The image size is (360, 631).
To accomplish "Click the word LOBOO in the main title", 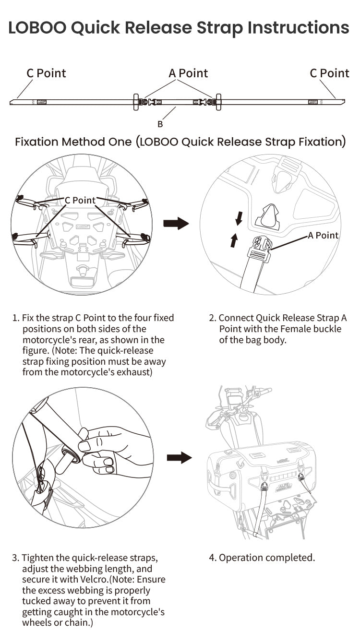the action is pyautogui.click(x=37, y=28).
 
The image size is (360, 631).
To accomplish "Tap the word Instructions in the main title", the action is pyautogui.click(x=298, y=28).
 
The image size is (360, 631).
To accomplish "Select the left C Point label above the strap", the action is pyautogui.click(x=46, y=73).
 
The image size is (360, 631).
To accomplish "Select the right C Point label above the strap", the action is pyautogui.click(x=329, y=73).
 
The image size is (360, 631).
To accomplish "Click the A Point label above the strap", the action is pyautogui.click(x=188, y=73).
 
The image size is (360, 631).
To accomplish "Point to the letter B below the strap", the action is pyautogui.click(x=160, y=124).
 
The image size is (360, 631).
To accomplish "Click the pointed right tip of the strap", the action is pyautogui.click(x=344, y=101).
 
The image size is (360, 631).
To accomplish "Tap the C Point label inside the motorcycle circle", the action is pyautogui.click(x=80, y=200).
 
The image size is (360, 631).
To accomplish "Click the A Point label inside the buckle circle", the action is pyautogui.click(x=323, y=235).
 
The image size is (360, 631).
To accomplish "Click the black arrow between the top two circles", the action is pyautogui.click(x=176, y=224).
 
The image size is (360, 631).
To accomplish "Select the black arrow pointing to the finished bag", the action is pyautogui.click(x=180, y=458).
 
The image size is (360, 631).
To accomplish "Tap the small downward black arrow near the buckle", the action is pyautogui.click(x=239, y=219).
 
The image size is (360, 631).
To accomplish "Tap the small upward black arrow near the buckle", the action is pyautogui.click(x=234, y=240).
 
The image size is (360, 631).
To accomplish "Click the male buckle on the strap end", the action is pyautogui.click(x=259, y=248).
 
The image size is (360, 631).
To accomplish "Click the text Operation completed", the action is pyautogui.click(x=267, y=558).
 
